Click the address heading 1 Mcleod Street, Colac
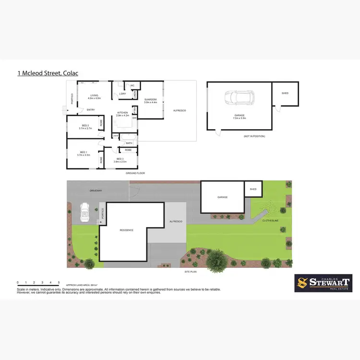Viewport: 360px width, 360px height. click(x=48, y=73)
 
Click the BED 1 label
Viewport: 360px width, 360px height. click(x=84, y=154)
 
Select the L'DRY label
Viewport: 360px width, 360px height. click(x=123, y=94)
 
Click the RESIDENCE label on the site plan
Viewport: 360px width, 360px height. click(x=126, y=230)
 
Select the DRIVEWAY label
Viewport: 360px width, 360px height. click(x=96, y=191)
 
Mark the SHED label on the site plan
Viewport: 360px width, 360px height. click(x=253, y=189)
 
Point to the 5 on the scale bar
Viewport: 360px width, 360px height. click(x=59, y=282)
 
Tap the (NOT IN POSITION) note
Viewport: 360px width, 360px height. click(x=254, y=136)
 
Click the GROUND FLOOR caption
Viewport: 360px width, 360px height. click(x=135, y=173)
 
